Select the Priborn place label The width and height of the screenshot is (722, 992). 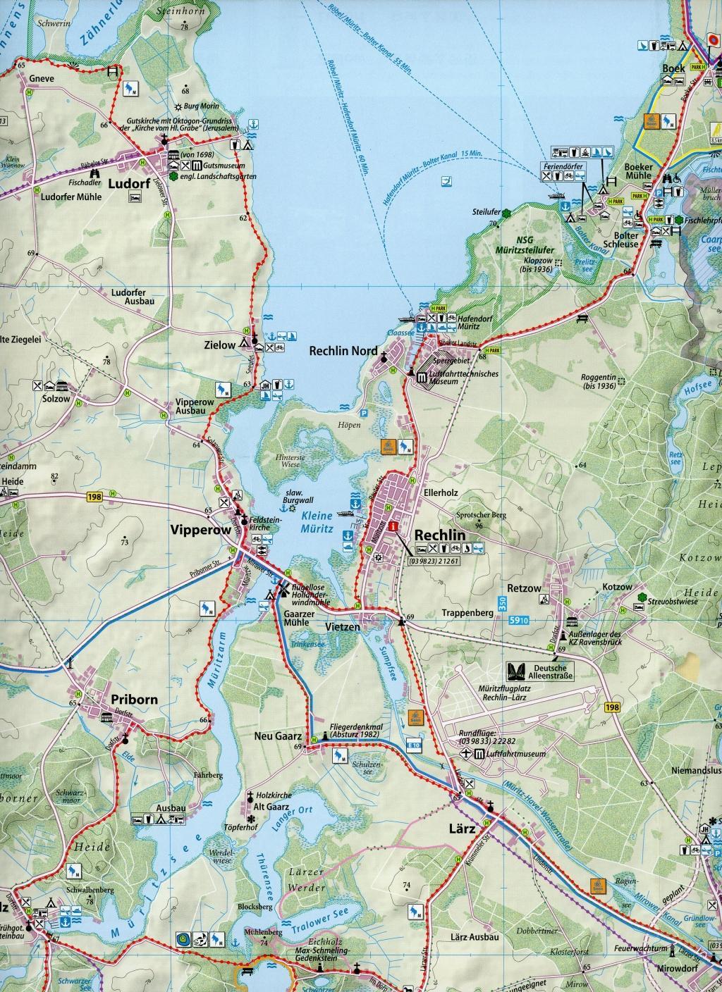pyautogui.click(x=134, y=700)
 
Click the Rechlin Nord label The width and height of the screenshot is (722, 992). pyautogui.click(x=339, y=351)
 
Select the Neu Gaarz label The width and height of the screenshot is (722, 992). pyautogui.click(x=279, y=736)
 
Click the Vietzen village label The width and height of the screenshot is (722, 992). pyautogui.click(x=343, y=626)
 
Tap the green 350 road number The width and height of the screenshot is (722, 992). pyautogui.click(x=501, y=604)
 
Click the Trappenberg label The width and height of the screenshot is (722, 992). pyautogui.click(x=467, y=613)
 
